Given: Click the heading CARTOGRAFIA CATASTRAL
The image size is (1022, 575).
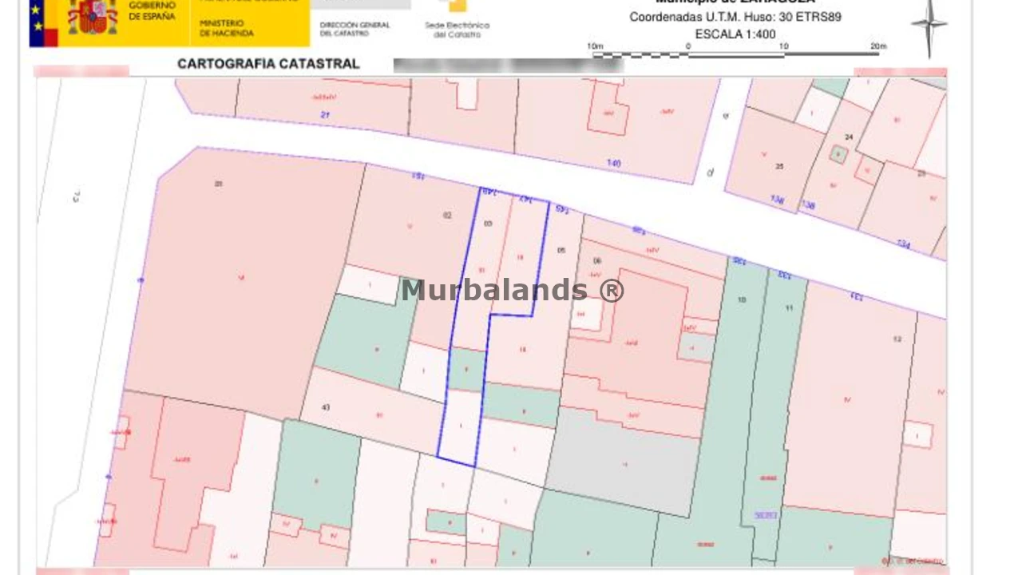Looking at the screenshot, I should (268, 64).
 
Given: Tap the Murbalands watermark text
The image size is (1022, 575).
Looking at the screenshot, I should (512, 291).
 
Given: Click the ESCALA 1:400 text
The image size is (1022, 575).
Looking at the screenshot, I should (735, 34).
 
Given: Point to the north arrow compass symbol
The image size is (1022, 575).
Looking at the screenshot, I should (929, 26).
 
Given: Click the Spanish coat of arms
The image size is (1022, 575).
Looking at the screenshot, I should (93, 17).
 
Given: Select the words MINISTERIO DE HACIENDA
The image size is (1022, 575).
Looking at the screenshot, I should (227, 29).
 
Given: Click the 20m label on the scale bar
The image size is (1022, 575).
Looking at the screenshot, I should (878, 46).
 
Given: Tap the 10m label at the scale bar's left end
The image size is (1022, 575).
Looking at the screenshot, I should (595, 46).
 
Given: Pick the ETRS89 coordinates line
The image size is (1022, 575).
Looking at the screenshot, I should (735, 17).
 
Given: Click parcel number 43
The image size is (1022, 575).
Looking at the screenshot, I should (326, 408).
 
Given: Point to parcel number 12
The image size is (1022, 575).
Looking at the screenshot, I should (897, 339).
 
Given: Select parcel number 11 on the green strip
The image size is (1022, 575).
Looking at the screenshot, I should (790, 308).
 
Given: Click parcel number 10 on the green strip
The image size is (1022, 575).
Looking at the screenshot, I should (742, 300).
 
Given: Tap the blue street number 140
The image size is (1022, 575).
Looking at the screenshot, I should (613, 164).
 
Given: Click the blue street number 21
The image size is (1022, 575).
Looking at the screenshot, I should (325, 116).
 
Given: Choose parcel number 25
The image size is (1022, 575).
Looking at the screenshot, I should (779, 167).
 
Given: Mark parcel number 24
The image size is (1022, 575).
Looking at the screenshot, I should (849, 137).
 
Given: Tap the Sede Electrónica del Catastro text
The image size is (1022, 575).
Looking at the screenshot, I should (457, 30).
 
